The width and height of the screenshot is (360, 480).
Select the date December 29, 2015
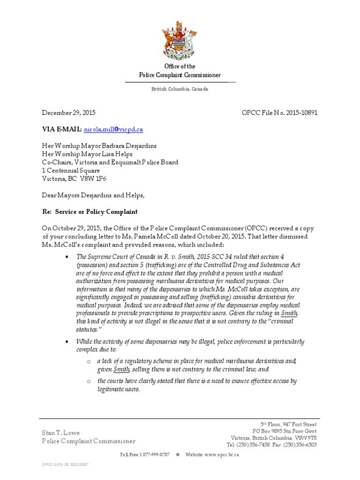[69, 112]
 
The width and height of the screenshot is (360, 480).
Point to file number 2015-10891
[302, 112]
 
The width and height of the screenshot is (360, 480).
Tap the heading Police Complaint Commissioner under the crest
[180, 75]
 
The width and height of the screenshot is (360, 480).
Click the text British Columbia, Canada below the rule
[180, 89]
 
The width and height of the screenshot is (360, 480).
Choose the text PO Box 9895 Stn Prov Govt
[285, 431]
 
